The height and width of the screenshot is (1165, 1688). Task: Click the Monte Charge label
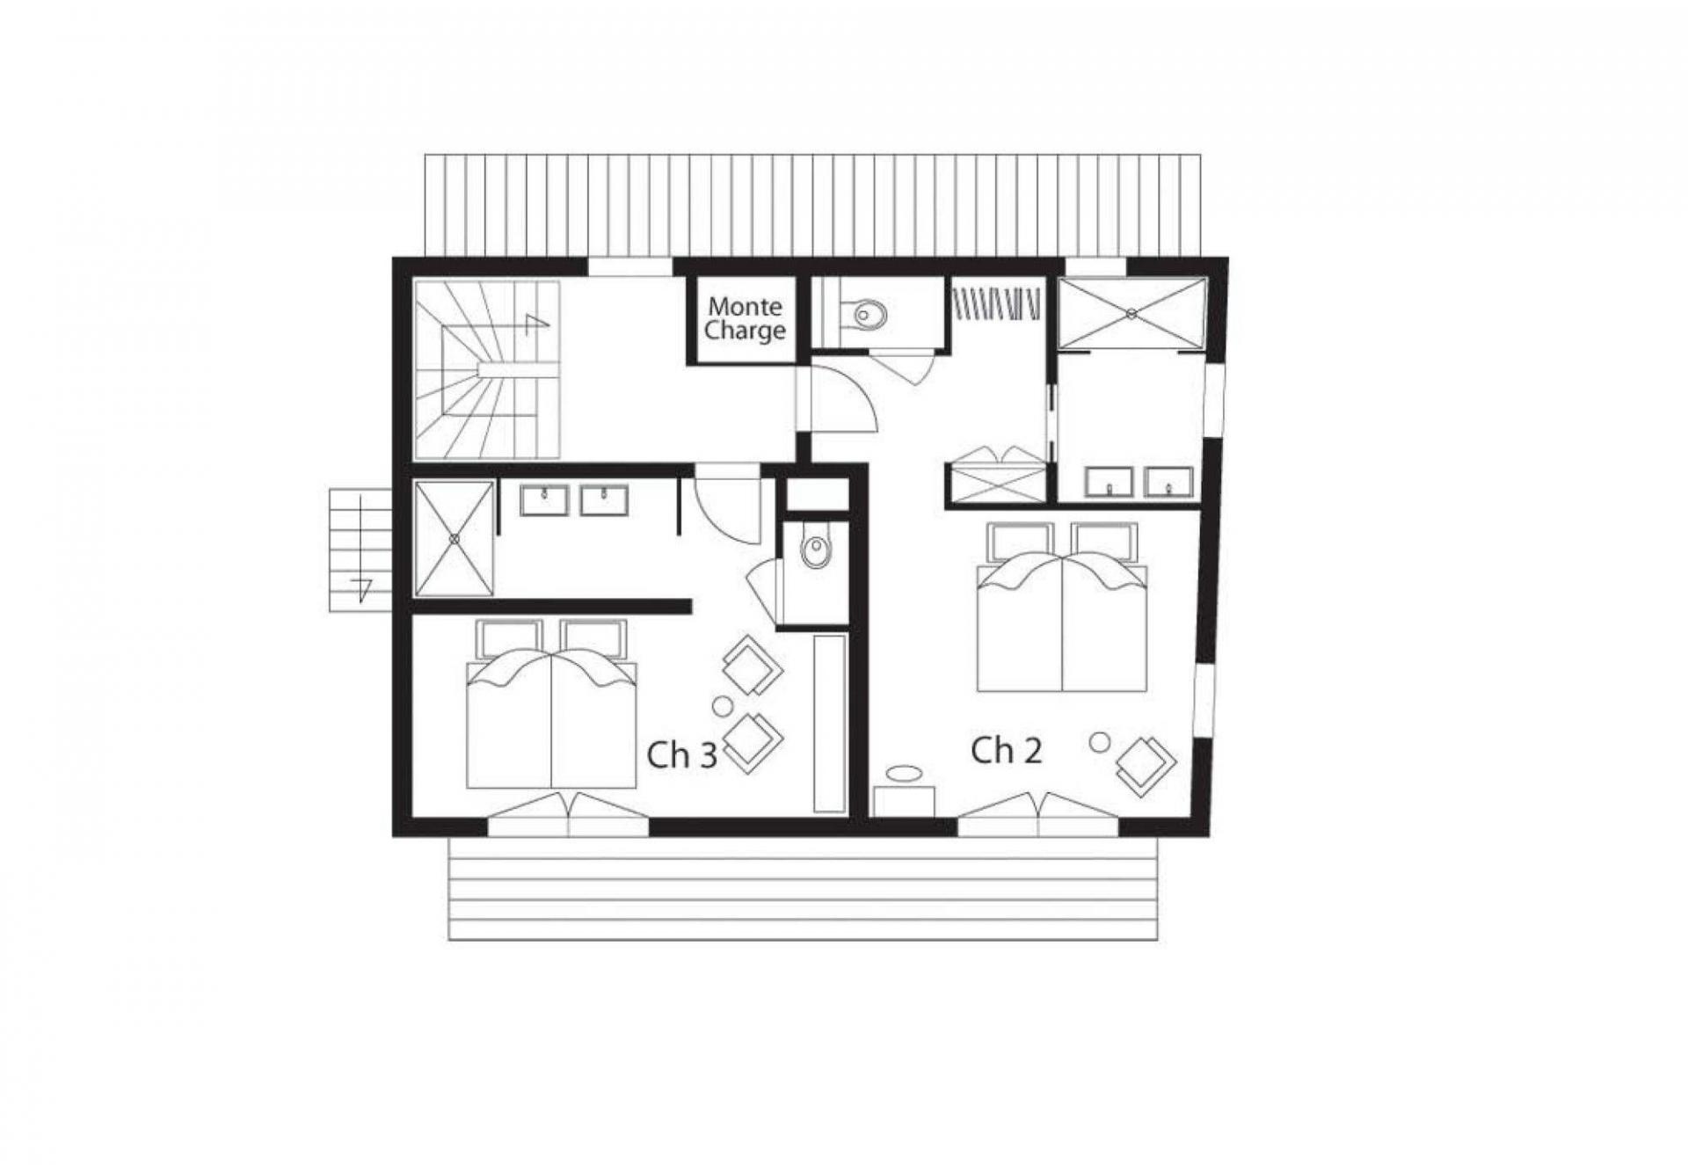coord(744,319)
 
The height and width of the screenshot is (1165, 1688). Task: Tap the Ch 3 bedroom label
coord(682,755)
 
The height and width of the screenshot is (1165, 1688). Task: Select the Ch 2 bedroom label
coord(1007,750)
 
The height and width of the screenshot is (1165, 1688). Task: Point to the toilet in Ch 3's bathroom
coord(815,551)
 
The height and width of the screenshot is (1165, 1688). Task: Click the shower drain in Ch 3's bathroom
coord(455,538)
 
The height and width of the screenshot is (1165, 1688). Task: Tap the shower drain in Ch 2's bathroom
coord(1132,313)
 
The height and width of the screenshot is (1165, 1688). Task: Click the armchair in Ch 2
coord(1145,763)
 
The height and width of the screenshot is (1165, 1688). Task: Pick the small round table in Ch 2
coord(1099,742)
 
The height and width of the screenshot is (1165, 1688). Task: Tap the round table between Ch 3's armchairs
coord(722,705)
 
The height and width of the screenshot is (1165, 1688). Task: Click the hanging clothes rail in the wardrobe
coord(998,303)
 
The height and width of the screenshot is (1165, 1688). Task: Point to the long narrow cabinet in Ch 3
coord(829,723)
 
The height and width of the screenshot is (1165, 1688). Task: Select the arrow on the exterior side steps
coord(360,587)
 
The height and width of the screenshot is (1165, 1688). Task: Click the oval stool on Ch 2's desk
coord(904,773)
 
